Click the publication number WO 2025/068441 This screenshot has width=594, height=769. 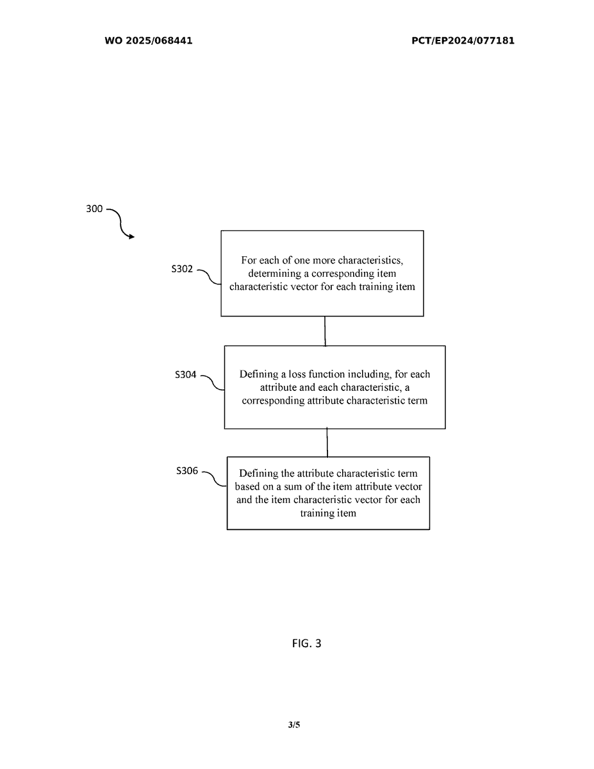pos(148,41)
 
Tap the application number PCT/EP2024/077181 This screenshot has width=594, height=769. pos(463,41)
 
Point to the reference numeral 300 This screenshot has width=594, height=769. pos(94,209)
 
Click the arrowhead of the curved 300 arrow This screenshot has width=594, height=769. pos(131,237)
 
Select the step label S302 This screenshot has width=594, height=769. pos(182,269)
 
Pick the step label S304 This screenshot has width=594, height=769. pos(186,376)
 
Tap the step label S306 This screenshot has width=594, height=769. pos(188,471)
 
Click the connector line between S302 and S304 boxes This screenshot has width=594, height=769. pos(325,331)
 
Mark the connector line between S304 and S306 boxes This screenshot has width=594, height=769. pos(327,442)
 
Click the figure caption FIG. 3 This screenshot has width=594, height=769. pos(306,643)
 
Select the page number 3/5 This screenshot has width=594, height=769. pos(294,725)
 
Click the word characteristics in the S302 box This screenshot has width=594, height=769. pos(367,260)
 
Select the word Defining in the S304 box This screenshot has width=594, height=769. pos(258,374)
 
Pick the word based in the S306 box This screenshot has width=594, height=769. pos(247,487)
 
